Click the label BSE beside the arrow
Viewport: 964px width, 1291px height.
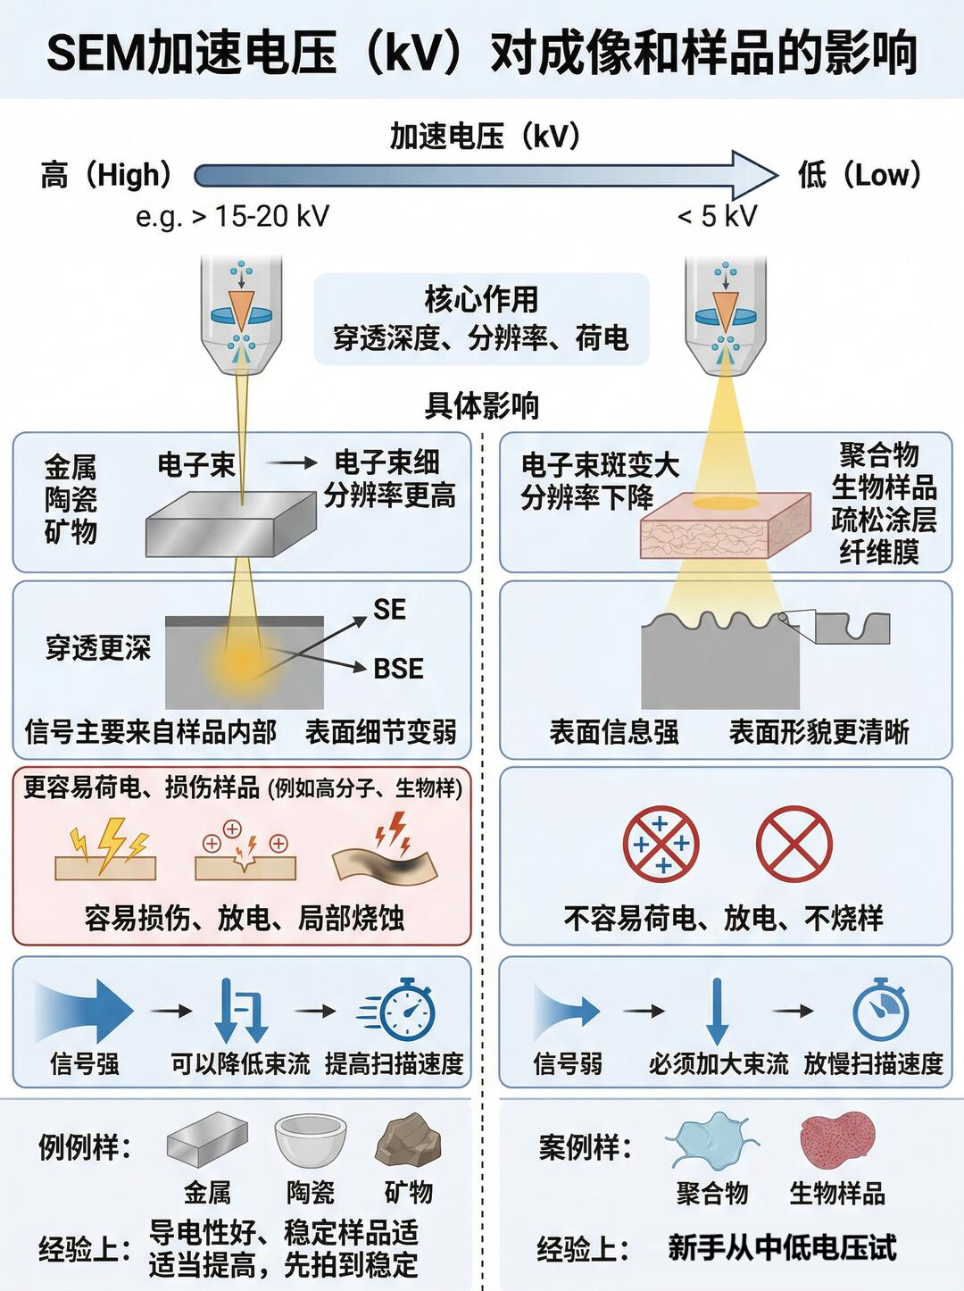point(397,668)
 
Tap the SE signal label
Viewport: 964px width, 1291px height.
point(389,610)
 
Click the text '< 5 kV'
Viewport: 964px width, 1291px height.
point(717,216)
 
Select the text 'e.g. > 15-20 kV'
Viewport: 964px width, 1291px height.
point(232,216)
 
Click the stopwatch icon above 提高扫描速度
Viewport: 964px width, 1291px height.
point(406,1011)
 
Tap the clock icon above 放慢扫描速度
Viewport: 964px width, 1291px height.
point(880,1011)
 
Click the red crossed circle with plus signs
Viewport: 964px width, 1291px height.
point(661,844)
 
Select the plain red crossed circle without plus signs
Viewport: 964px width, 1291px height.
point(794,844)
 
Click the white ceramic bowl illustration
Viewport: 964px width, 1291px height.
point(311,1140)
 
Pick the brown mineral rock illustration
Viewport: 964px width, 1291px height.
point(409,1140)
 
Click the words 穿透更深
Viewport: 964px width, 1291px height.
point(98,648)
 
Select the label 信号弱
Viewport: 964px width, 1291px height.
point(568,1063)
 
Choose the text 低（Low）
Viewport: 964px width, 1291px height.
point(859,175)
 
